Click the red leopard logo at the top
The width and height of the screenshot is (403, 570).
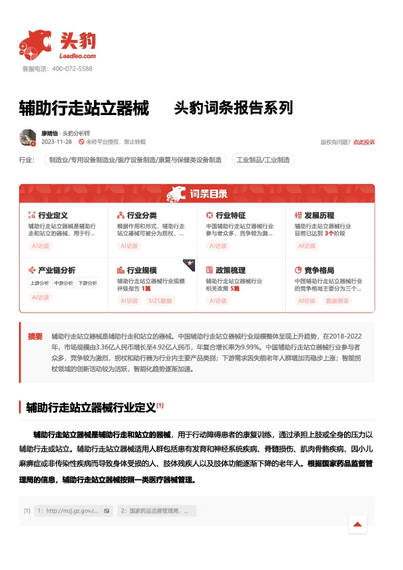click(35, 43)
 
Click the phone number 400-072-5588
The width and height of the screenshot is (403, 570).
click(71, 69)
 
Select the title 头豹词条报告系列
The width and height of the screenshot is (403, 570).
click(233, 108)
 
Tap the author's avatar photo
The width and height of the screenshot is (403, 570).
click(28, 137)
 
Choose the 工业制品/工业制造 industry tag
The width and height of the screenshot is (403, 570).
click(263, 160)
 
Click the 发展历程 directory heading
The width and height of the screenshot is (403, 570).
click(319, 215)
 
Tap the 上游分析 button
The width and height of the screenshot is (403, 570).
click(39, 283)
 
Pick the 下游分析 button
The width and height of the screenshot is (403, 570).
click(87, 283)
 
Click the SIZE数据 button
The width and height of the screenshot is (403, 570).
click(161, 301)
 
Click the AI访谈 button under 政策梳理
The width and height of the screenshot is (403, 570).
click(218, 301)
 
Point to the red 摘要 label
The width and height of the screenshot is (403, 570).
click(35, 336)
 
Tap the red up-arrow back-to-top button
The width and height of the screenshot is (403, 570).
click(357, 524)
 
